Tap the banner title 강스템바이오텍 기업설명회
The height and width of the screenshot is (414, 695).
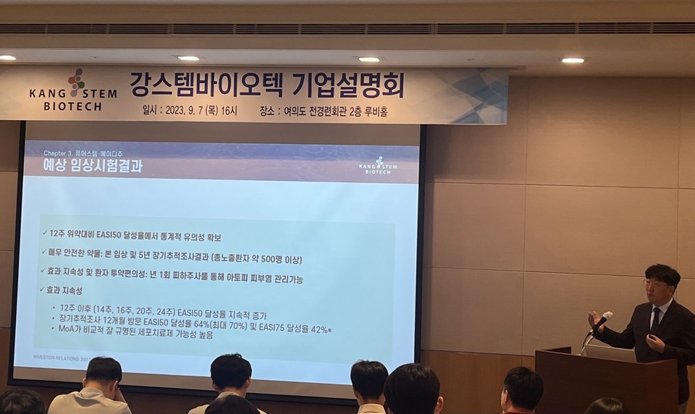pos(266,85)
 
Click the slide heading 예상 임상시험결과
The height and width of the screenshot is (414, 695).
pos(93,166)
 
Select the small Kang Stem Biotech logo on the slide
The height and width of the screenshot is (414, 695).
pos(378,166)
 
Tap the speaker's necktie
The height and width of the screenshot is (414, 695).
pos(655,319)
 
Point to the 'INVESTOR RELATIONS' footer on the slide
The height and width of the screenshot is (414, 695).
pos(62,358)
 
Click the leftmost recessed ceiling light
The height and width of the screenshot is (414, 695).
pos(7,58)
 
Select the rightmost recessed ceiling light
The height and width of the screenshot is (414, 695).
pos(573,60)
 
